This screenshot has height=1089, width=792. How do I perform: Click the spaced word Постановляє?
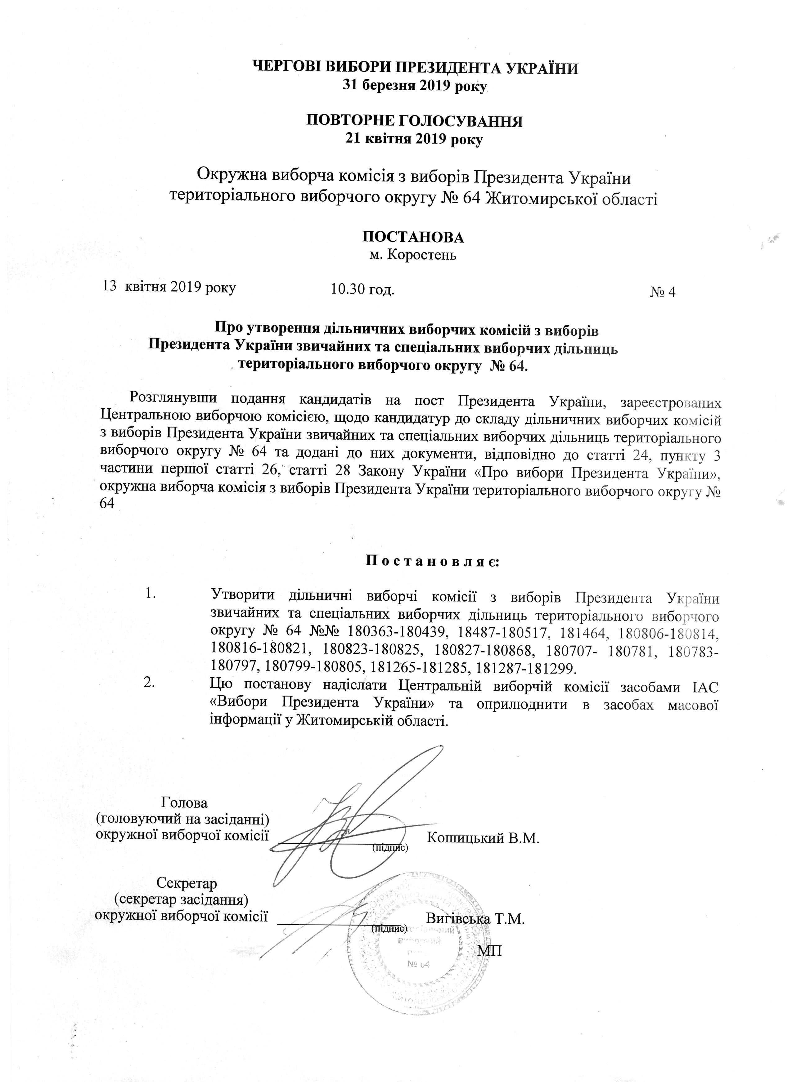click(x=433, y=561)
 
